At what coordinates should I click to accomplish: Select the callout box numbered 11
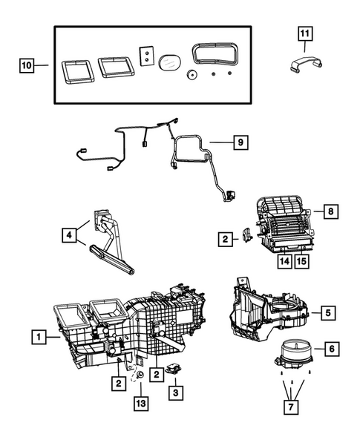coord(307,33)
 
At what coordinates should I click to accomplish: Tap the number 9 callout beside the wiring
coord(238,141)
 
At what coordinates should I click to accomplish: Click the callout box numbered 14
coord(284,260)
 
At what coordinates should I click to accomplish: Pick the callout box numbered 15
coord(302,260)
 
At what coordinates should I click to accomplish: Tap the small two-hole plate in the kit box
coord(146,56)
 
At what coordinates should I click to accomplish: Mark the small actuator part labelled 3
coord(175,369)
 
